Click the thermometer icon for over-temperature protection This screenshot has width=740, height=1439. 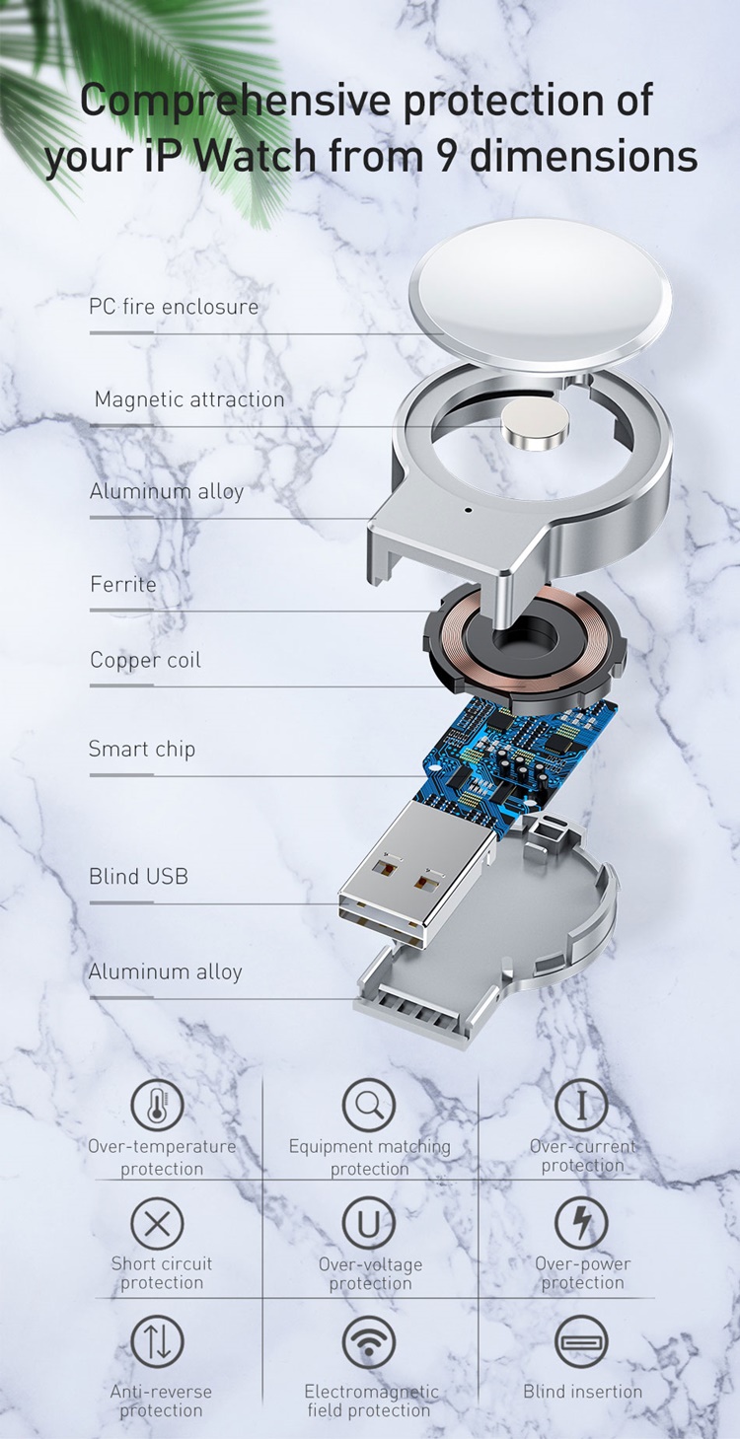pyautogui.click(x=157, y=1106)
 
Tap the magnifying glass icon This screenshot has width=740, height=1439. pyautogui.click(x=368, y=1105)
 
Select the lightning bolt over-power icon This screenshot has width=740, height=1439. pyautogui.click(x=581, y=1222)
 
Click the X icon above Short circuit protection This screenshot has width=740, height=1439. pyautogui.click(x=157, y=1222)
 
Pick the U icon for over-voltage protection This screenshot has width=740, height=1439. pyautogui.click(x=368, y=1222)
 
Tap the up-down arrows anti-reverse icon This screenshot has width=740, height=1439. pyautogui.click(x=157, y=1341)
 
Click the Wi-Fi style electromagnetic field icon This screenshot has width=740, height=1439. pyautogui.click(x=368, y=1341)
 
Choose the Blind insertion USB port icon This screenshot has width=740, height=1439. pyautogui.click(x=581, y=1341)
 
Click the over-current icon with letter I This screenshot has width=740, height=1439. pyautogui.click(x=581, y=1105)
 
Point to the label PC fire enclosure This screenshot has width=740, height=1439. pyautogui.click(x=174, y=307)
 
